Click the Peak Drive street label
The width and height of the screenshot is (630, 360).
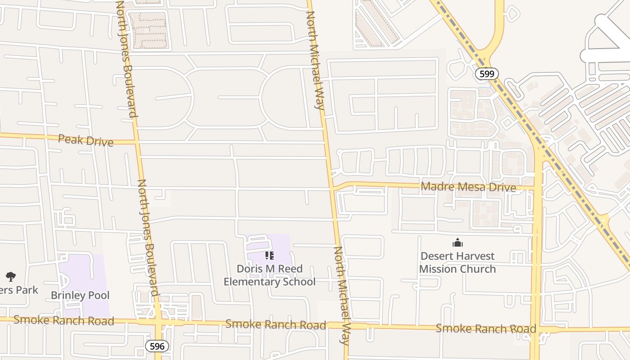(85, 140)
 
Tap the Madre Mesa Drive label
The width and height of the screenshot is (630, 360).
(468, 187)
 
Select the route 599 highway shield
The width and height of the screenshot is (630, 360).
(487, 74)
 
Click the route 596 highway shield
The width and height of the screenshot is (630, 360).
(157, 346)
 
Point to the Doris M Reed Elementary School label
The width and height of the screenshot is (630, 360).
(270, 275)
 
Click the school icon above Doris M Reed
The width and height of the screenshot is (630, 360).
(270, 256)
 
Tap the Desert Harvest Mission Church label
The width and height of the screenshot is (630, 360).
(457, 262)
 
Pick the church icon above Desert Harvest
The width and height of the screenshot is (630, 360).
(458, 243)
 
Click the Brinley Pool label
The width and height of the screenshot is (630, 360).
(80, 296)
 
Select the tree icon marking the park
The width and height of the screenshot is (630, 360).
(11, 276)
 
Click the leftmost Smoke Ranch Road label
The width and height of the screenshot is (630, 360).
(63, 320)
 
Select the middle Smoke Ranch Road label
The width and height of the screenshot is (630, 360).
(275, 324)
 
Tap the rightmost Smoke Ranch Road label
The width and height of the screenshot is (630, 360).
(486, 328)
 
